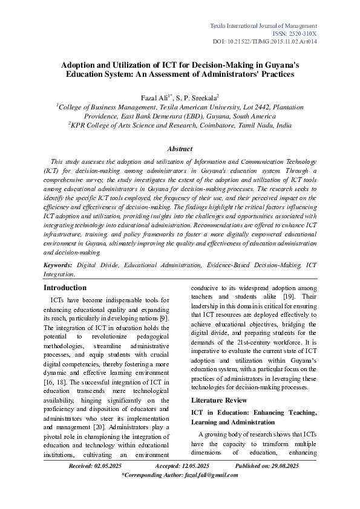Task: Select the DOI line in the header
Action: click(x=273, y=42)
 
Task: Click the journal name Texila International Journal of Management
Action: click(x=263, y=26)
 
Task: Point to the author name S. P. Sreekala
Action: click(x=200, y=97)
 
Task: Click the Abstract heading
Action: click(x=180, y=149)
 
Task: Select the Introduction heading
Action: click(x=65, y=288)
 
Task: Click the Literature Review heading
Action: click(x=219, y=400)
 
